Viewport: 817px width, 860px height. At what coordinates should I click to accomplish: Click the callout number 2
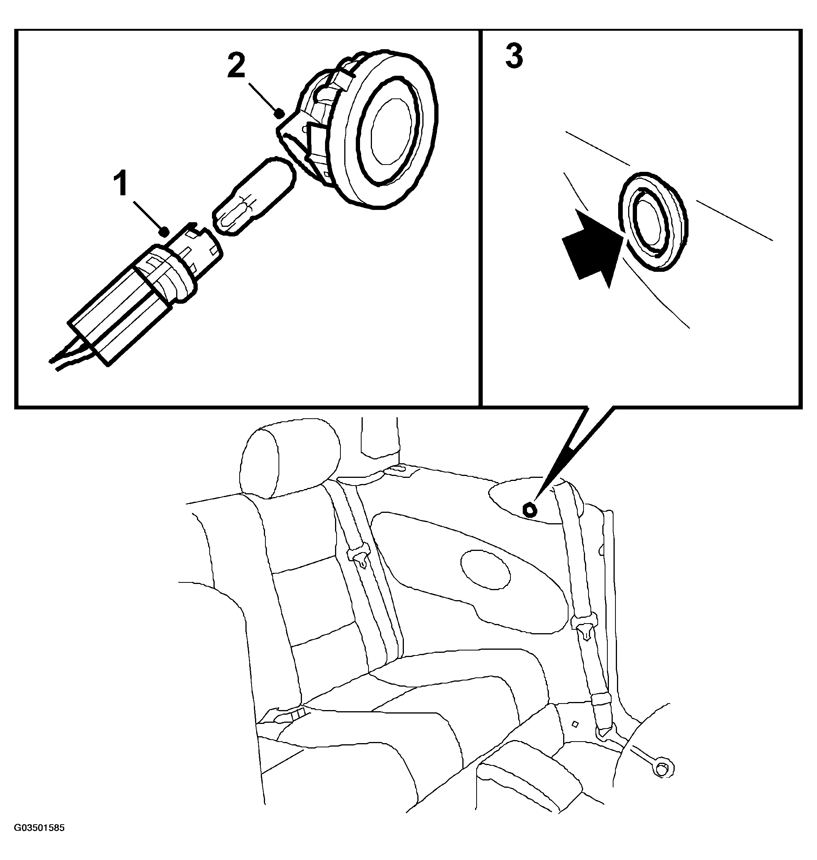tap(236, 66)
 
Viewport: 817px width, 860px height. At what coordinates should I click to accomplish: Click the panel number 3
tap(514, 56)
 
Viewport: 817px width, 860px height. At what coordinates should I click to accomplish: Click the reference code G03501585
tap(39, 828)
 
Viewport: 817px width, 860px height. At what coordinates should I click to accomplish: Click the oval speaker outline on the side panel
tap(485, 570)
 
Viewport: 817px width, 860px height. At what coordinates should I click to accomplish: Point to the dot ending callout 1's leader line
tap(164, 231)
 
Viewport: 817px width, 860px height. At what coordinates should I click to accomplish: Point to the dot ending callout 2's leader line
tap(280, 114)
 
